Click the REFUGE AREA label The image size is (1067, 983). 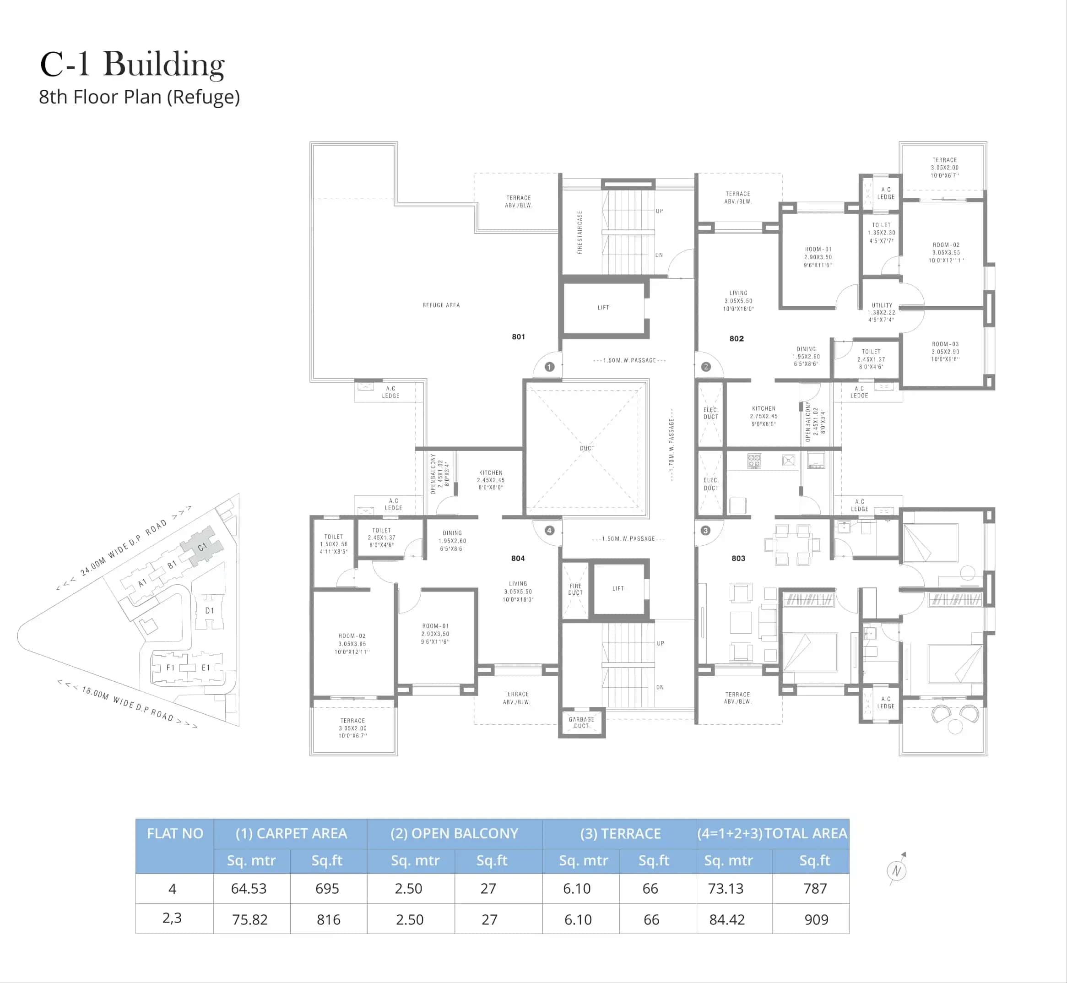(441, 305)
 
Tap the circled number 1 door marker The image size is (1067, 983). (549, 366)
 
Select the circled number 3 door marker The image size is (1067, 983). (705, 530)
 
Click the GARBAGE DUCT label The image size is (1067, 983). (581, 722)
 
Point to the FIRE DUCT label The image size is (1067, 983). (575, 589)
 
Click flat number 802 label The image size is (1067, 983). (737, 338)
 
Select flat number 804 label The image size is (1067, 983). (518, 558)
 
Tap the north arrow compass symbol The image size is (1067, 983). (897, 871)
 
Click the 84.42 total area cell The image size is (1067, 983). (726, 919)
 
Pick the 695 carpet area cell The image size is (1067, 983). (327, 888)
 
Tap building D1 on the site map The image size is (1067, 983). (210, 611)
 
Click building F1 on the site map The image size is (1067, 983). (170, 668)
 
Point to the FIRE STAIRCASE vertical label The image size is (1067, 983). (580, 233)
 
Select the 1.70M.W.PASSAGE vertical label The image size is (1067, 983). (672, 445)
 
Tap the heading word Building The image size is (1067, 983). (164, 65)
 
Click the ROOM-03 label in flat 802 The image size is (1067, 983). (945, 352)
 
